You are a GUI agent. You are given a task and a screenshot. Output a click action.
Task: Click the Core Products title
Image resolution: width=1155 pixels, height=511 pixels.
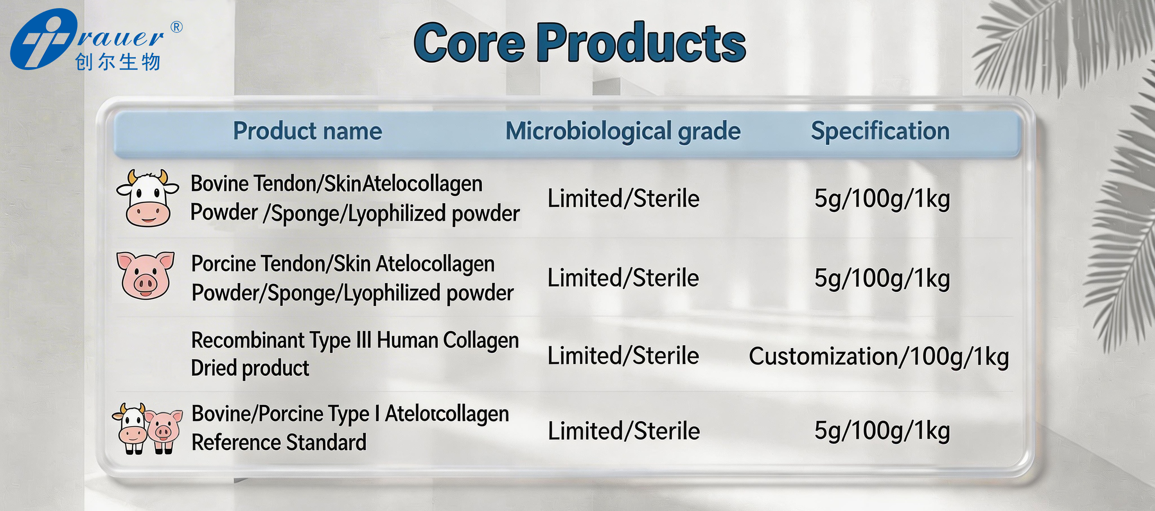tap(580, 43)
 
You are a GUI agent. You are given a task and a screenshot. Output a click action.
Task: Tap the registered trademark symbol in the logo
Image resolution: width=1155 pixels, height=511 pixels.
tap(176, 27)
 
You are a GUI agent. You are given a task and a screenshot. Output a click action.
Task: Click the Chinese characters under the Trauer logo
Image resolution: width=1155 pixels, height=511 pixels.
tap(118, 62)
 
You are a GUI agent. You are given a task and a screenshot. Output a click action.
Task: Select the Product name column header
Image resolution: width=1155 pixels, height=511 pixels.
tap(307, 131)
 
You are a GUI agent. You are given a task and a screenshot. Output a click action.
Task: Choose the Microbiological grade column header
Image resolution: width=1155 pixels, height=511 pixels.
tap(623, 132)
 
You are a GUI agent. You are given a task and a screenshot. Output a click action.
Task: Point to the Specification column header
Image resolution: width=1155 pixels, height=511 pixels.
tap(880, 131)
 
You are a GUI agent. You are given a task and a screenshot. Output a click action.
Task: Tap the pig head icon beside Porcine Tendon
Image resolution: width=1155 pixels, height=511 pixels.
tap(145, 275)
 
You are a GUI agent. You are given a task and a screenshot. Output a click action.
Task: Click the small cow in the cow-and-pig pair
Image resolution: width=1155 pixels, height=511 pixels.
tap(130, 428)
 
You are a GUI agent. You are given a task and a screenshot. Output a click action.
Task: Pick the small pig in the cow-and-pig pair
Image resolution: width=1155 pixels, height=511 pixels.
tap(164, 431)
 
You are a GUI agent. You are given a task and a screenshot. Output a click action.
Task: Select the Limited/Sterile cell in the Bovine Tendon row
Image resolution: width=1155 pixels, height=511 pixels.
tap(623, 198)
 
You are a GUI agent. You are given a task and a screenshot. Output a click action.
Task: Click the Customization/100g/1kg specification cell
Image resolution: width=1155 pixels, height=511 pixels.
tap(879, 357)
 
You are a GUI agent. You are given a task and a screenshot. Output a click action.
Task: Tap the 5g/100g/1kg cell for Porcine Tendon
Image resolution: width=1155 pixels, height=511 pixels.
tap(882, 278)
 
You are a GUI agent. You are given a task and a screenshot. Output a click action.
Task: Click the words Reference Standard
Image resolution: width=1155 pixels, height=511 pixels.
tap(279, 442)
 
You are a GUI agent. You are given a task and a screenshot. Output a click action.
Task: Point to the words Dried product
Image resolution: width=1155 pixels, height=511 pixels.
tap(250, 368)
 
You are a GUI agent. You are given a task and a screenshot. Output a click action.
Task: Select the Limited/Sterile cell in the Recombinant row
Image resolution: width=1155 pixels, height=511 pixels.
tap(623, 355)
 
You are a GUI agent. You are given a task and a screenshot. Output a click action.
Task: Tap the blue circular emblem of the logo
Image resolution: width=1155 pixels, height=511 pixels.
tap(44, 39)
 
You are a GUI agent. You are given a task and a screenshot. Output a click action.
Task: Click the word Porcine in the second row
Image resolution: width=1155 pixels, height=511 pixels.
tap(223, 264)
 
